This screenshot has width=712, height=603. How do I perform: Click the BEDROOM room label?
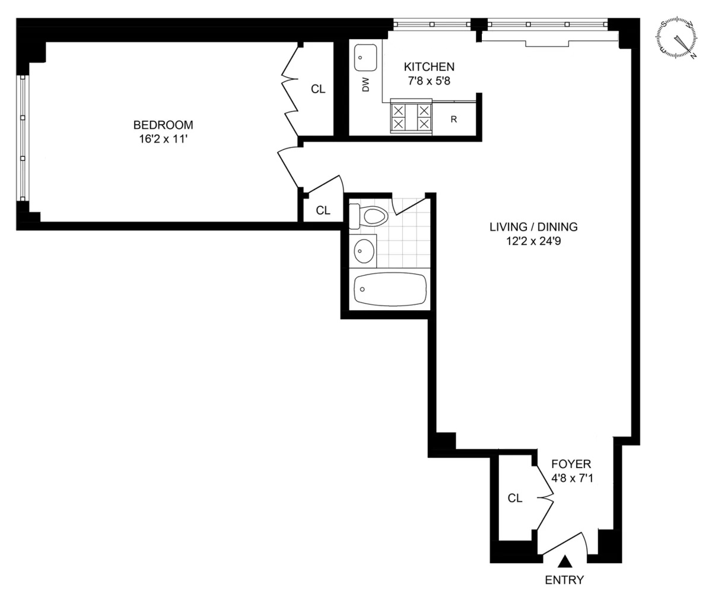pos(163,125)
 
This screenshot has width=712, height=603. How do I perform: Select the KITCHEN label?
pos(429,67)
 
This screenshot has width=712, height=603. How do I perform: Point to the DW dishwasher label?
pos(365,86)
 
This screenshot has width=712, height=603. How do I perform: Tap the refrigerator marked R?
pos(454,119)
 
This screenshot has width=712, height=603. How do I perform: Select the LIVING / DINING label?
pos(533,226)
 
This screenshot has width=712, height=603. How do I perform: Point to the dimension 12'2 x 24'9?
pos(533,241)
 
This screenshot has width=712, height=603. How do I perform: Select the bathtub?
pos(390,289)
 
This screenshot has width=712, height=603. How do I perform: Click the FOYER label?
pos(571,464)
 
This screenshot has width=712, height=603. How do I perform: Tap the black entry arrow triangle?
pos(565,561)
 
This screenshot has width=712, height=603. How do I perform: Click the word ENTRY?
pos(564,580)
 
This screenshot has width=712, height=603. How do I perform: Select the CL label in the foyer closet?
pos(515,498)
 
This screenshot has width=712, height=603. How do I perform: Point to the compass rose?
pos(677,39)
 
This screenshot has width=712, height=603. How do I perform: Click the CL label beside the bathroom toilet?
pos(323,210)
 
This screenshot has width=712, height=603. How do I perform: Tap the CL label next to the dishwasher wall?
pos(319,89)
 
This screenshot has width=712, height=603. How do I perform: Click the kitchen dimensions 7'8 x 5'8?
pos(429,81)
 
